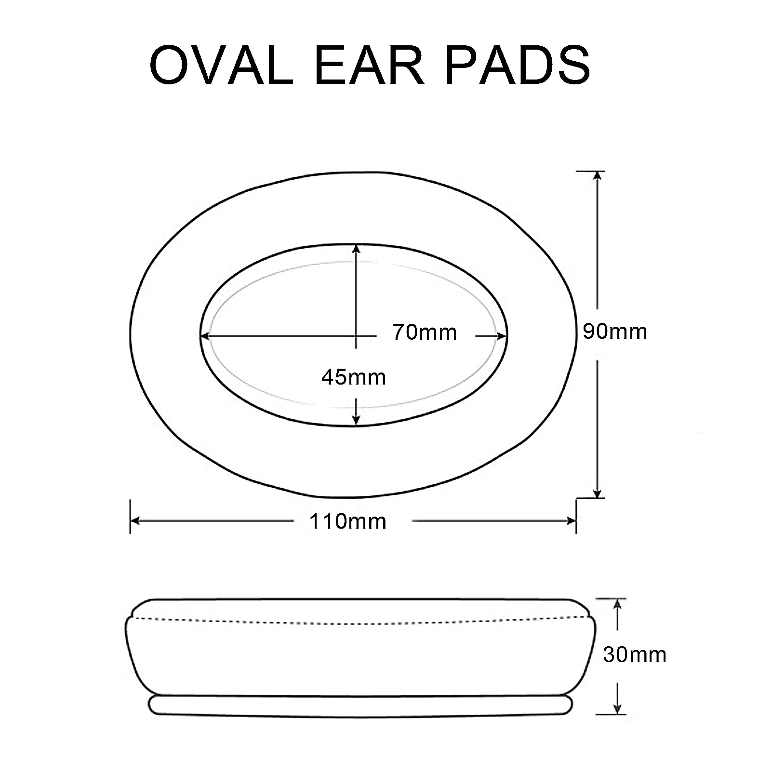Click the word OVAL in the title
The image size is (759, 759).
click(x=221, y=66)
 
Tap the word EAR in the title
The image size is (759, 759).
click(x=369, y=66)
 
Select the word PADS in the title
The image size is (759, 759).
click(x=517, y=66)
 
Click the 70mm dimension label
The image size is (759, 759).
click(x=424, y=333)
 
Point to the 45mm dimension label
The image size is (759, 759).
click(x=354, y=377)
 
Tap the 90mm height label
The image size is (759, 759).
click(x=615, y=332)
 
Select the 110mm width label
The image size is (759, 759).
click(x=347, y=521)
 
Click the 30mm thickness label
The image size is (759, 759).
click(x=634, y=654)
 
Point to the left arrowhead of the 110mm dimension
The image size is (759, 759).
click(x=135, y=520)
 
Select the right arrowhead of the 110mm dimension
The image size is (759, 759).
click(x=571, y=520)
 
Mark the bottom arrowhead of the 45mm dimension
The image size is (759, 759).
click(x=356, y=420)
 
